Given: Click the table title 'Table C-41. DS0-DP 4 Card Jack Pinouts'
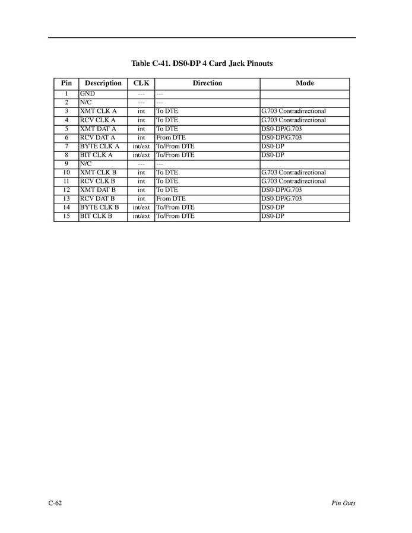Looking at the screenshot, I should [202, 64].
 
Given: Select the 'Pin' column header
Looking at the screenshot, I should [66, 83].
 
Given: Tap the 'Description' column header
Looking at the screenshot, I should [103, 83].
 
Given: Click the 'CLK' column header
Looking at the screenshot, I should [141, 83].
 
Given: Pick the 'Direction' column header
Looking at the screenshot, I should [207, 83].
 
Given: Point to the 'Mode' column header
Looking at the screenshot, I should [305, 83].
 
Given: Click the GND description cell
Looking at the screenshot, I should [87, 94].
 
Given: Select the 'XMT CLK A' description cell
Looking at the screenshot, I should [98, 111].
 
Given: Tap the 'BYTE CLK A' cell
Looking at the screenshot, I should [99, 146].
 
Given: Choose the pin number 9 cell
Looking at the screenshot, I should [66, 164].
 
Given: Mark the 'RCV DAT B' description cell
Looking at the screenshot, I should [97, 199].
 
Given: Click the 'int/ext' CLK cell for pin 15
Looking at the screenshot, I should [141, 216].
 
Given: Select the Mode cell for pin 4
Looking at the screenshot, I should [293, 120].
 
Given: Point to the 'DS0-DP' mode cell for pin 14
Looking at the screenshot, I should [272, 208].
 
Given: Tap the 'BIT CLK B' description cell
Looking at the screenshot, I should [96, 216].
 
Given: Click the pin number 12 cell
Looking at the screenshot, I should [66, 190].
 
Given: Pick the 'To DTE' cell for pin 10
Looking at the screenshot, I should [167, 173].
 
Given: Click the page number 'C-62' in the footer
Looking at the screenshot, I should [55, 503].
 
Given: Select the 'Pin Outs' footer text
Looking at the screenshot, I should [343, 503].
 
